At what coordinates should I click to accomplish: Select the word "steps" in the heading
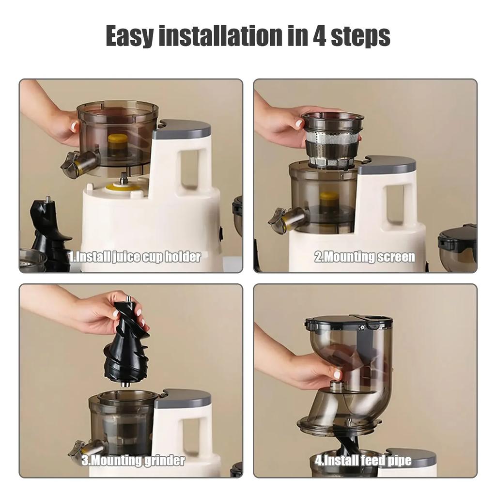click(360, 37)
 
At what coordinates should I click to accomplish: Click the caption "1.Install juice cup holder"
click(134, 257)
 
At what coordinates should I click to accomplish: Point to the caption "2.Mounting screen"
click(365, 257)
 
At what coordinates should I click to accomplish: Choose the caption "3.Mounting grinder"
click(133, 460)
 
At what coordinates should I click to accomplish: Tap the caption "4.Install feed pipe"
click(363, 460)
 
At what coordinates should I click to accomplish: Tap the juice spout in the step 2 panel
click(286, 220)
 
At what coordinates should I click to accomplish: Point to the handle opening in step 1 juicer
click(189, 167)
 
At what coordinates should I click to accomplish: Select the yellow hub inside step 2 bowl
click(329, 199)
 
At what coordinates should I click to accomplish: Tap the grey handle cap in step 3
click(183, 398)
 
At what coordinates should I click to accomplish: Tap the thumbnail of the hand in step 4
click(338, 373)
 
